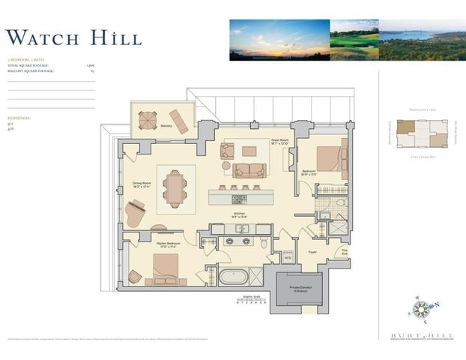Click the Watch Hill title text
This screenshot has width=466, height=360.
click(x=73, y=37)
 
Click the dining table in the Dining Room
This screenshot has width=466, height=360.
click(x=175, y=187)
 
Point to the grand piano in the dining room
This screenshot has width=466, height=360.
click(x=136, y=212)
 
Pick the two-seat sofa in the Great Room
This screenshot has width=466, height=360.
click(x=249, y=169)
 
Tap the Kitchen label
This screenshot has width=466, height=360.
click(x=239, y=214)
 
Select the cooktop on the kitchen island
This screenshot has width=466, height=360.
click(x=240, y=199)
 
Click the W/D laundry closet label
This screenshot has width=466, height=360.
click(x=288, y=257)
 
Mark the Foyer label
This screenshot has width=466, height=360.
click(x=312, y=252)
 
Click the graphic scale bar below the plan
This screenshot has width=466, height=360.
click(x=251, y=305)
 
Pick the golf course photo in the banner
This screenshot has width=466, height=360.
click(x=354, y=40)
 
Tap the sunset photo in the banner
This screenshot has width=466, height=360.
click(x=279, y=40)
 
